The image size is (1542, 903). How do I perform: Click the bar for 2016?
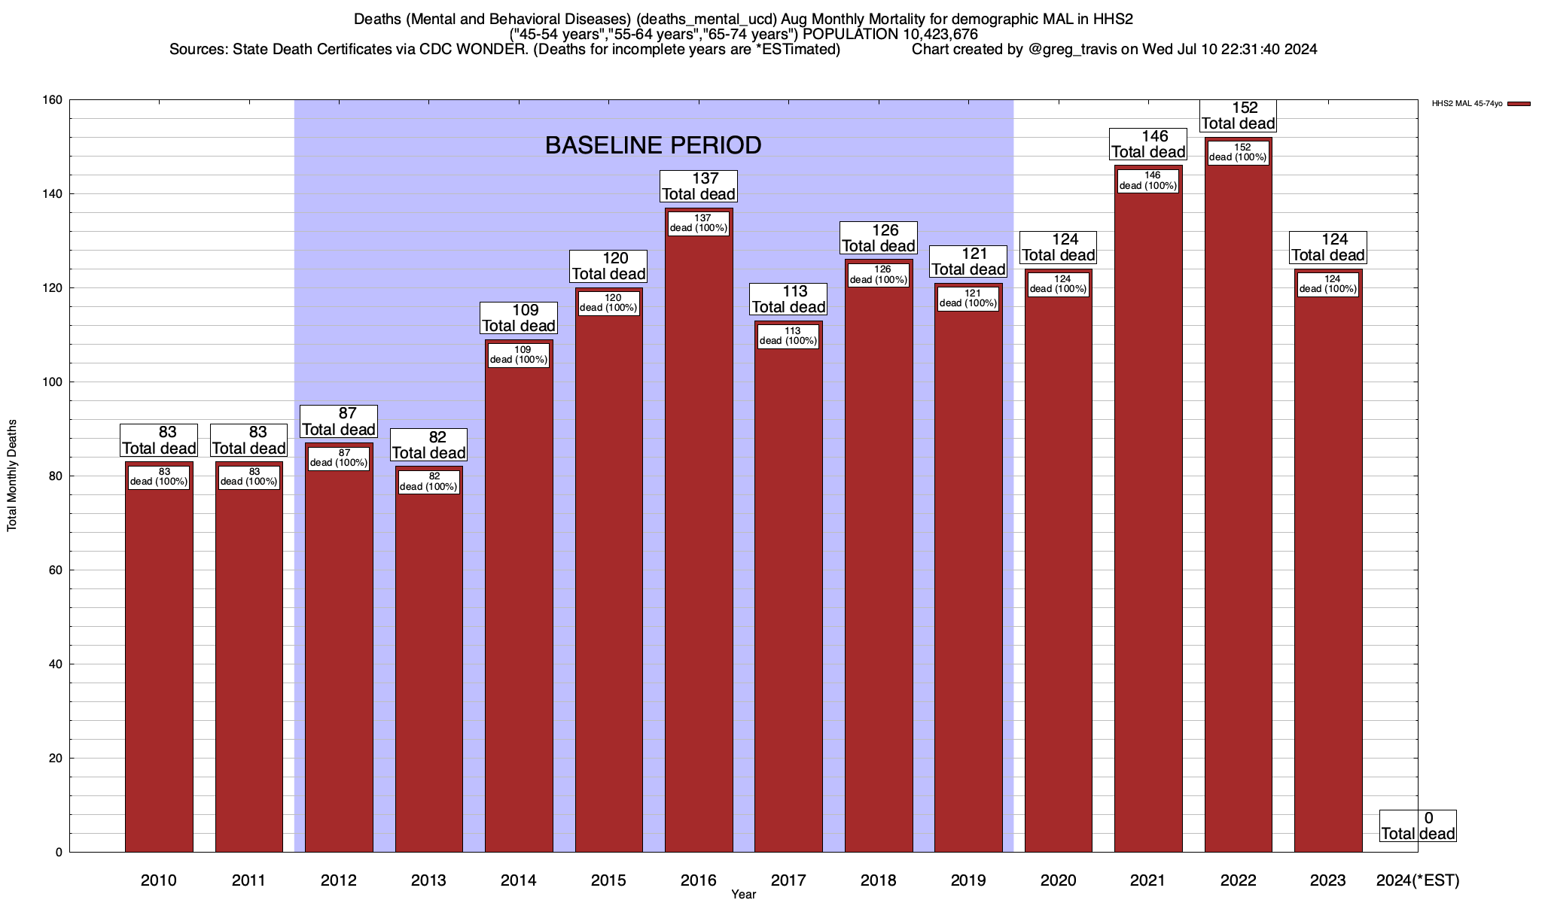point(699,542)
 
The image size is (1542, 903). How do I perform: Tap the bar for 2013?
point(429,670)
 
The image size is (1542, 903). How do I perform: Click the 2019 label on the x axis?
point(968,880)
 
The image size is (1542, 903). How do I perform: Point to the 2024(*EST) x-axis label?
point(1417,880)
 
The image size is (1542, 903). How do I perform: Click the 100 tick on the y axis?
point(53,382)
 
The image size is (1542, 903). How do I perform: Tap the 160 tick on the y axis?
point(53,100)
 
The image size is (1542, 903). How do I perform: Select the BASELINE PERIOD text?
point(653,145)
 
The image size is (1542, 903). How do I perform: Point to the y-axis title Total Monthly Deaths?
point(12,476)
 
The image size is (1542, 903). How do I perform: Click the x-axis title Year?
point(743,895)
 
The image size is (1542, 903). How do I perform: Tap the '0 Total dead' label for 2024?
point(1418,826)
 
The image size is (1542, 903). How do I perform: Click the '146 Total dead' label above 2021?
point(1148,144)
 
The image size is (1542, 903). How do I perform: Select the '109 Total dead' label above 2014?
point(519,318)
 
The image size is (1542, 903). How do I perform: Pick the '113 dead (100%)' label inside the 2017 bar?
point(788,336)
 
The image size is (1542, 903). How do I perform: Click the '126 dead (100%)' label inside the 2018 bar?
point(879,275)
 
